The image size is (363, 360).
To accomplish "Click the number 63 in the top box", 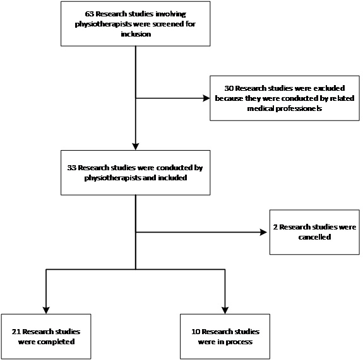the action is pos(90,14).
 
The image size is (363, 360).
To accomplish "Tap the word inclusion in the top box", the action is pos(136,34).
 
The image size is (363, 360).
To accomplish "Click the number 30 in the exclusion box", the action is pos(229,88).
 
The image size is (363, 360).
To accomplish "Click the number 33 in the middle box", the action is pos(72,168).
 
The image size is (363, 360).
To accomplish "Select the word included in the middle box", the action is pos(172,178).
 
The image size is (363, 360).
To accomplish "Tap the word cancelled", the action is pos(314,237).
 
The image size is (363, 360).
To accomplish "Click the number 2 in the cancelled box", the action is pos(275,227).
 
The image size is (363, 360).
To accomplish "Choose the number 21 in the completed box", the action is pos(16,332).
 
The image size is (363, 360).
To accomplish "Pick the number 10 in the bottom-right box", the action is pos(196,332).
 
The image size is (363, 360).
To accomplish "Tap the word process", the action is pos(239,342).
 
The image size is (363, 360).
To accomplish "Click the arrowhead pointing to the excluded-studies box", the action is pos(206,98).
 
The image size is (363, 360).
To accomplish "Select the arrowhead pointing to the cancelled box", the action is pos(263,232).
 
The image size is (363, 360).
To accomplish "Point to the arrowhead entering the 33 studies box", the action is pos(136,147).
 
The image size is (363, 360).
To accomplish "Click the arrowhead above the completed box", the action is pos(46,310).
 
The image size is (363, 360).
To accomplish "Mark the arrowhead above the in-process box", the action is pos(225,310).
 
